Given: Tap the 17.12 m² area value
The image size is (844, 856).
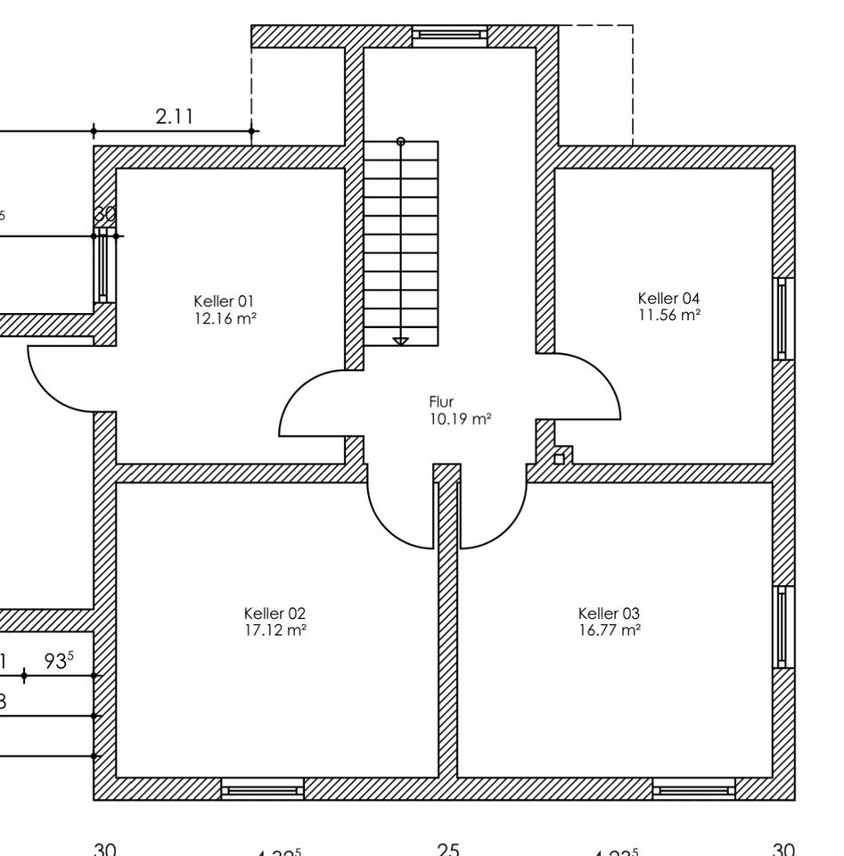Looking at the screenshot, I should pos(275,630).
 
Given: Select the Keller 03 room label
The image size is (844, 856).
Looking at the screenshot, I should pos(609,613).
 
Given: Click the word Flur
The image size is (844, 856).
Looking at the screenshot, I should pos(442,402).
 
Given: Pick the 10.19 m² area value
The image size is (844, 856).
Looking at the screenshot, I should pos(460,418).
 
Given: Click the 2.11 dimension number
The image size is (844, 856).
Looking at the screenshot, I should pos(174,116).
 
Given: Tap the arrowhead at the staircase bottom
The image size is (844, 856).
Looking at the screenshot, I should pos(400,341).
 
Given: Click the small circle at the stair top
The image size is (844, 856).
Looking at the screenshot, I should pos(400,141).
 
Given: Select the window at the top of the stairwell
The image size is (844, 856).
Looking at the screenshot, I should pos(450,36).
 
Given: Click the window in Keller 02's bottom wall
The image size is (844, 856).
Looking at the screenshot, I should pos(262,788).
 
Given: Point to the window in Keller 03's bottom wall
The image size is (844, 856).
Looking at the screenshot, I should pos(693,788).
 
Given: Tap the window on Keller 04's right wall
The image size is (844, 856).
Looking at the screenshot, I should pos(783,318).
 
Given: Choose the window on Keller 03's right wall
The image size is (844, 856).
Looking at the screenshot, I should pos(783,626).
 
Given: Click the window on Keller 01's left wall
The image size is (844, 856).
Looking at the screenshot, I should pos(105,265).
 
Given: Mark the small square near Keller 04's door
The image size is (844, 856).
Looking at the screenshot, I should pos(560,458).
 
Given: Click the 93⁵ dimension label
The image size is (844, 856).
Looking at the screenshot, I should pos(60,662).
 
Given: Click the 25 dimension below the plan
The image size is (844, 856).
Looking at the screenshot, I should pos(448,848).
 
